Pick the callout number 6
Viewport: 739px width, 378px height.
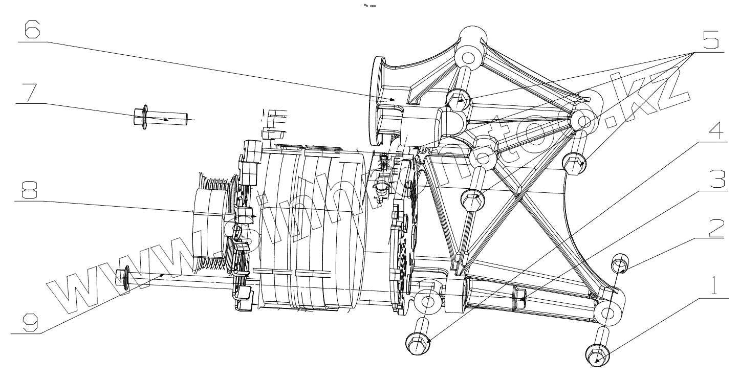pos(32,32)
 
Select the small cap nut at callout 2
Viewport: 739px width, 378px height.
pos(620,265)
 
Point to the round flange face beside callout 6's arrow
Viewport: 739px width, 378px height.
pos(376,97)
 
